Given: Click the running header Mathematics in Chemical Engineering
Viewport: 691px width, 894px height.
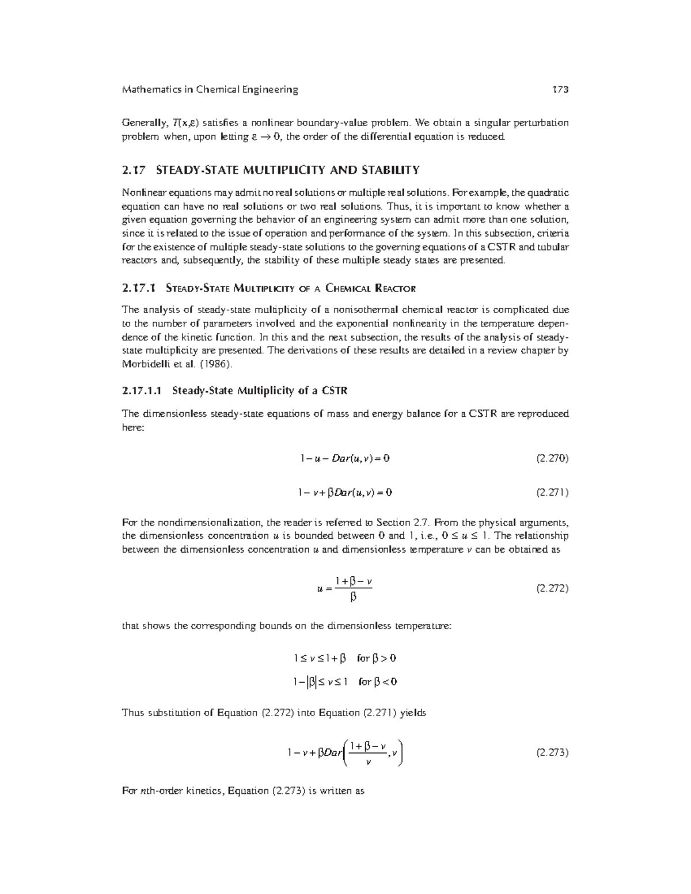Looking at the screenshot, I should tap(210, 89).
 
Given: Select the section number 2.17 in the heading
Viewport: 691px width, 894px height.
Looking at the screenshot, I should tap(135, 170).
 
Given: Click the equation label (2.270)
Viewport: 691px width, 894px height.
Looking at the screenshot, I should tap(552, 459).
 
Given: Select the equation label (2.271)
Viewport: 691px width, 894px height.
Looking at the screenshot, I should tap(552, 493).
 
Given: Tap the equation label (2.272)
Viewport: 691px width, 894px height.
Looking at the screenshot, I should tap(552, 588).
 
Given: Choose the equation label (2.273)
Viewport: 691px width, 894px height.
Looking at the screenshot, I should tap(552, 752).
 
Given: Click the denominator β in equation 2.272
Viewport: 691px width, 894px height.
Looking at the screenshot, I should tap(353, 598).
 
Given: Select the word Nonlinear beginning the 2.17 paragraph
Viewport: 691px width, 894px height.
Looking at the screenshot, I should tap(144, 192).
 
